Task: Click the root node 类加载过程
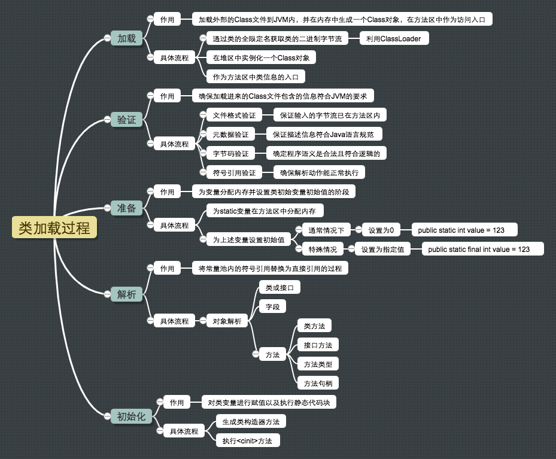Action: point(54,228)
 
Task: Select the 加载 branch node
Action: point(126,38)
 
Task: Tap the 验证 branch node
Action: point(126,120)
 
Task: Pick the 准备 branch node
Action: point(126,208)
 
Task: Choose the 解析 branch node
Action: point(126,294)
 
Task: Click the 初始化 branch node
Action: point(131,417)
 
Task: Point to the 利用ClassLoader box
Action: point(394,39)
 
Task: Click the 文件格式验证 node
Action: point(234,115)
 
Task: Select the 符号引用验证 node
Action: point(234,172)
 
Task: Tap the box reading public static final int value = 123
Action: point(482,249)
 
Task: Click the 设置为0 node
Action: point(381,230)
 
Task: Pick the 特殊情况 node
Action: point(322,249)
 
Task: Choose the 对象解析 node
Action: point(227,321)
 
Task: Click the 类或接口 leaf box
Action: point(279,288)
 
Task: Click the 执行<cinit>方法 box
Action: point(247,441)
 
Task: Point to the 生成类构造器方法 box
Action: point(250,421)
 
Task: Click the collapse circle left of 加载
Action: point(107,38)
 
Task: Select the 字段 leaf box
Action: point(272,307)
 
